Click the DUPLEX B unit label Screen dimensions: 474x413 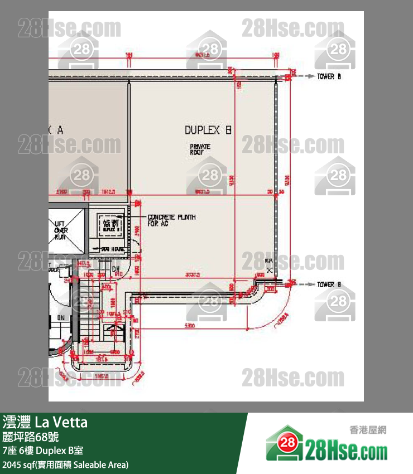(x=208, y=130)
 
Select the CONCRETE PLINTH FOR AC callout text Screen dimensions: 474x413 (x=171, y=220)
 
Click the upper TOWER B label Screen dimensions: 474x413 (x=329, y=76)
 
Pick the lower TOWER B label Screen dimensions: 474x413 (x=329, y=284)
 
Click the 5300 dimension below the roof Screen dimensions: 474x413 (x=188, y=326)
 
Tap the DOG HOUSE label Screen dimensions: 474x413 (x=112, y=249)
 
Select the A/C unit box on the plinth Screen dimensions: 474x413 (x=109, y=225)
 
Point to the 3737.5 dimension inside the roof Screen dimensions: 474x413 (x=193, y=275)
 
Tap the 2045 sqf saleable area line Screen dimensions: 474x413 (x=66, y=465)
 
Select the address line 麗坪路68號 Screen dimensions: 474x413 (x=30, y=437)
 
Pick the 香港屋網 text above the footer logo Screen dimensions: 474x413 (x=367, y=430)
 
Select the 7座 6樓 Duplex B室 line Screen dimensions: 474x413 (x=43, y=451)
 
